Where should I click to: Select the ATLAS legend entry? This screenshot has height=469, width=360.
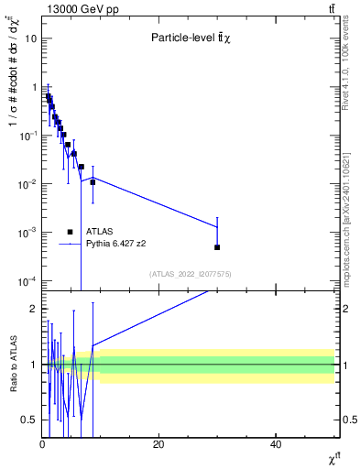click(x=99, y=232)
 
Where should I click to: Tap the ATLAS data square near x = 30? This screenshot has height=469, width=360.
click(x=217, y=247)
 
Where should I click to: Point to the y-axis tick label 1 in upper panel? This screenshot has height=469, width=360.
click(x=34, y=87)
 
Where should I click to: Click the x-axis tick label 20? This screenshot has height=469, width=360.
click(x=158, y=444)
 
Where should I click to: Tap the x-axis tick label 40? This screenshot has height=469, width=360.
click(x=276, y=444)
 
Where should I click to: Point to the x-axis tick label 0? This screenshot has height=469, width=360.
click(x=42, y=444)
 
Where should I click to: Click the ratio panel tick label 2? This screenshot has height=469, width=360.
click(x=34, y=309)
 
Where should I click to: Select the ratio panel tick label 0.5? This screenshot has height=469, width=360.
click(x=30, y=420)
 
